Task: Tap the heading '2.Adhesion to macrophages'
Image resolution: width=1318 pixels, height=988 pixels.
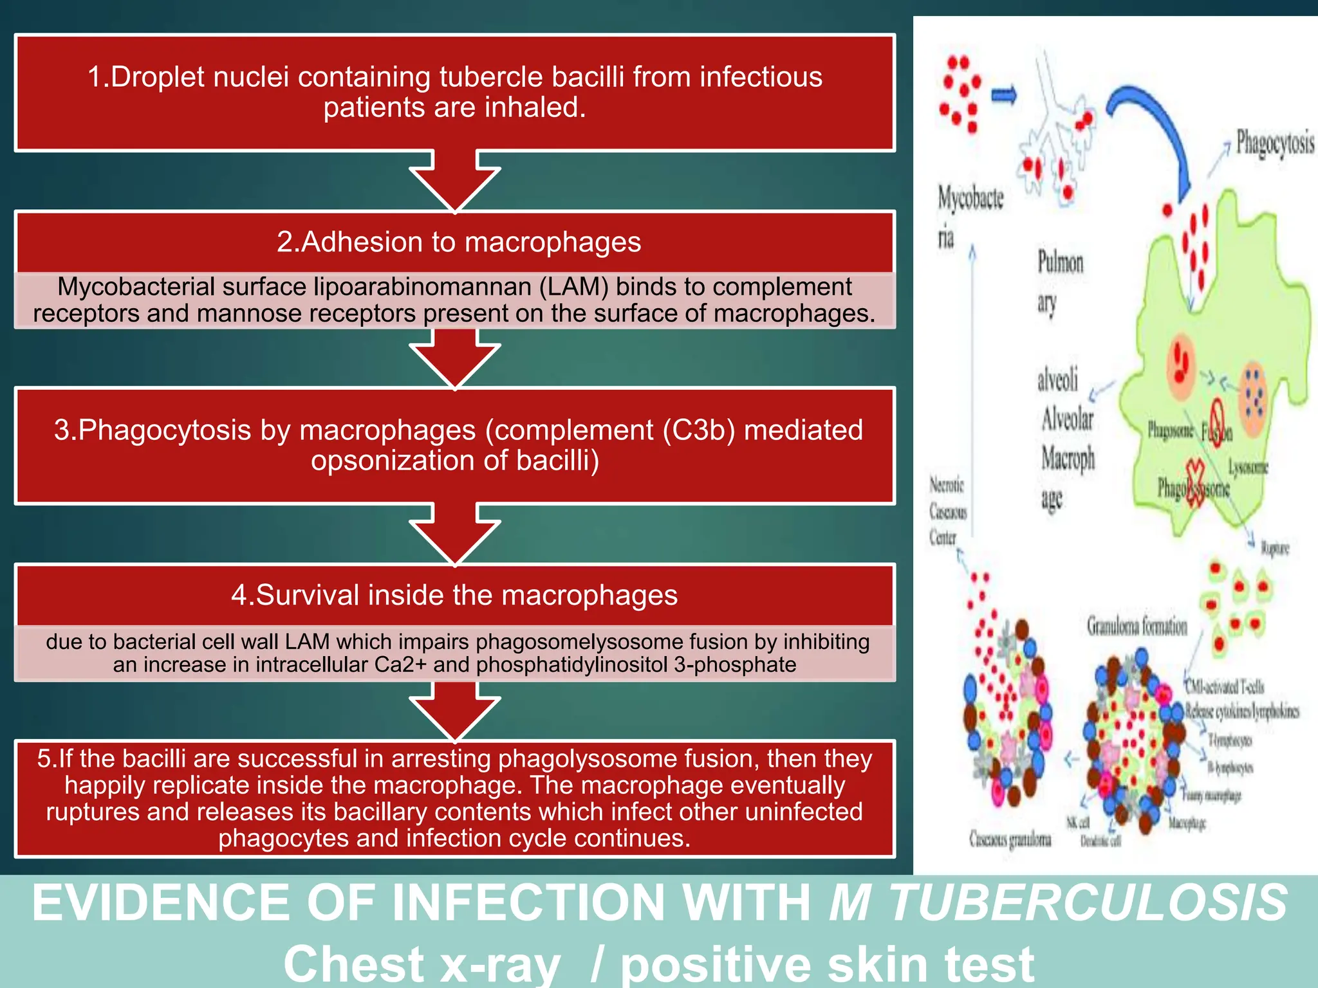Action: click(458, 242)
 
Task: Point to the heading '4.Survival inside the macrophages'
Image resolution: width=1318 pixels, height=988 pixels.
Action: click(454, 595)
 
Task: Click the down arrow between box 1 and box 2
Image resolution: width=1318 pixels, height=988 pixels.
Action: click(454, 183)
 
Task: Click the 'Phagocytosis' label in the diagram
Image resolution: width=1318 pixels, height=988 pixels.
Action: click(1274, 143)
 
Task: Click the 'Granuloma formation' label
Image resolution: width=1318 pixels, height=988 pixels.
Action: click(1137, 626)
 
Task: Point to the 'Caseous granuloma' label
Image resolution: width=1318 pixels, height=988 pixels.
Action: click(1010, 839)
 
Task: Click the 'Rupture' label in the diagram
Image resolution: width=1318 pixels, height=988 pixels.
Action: click(1274, 548)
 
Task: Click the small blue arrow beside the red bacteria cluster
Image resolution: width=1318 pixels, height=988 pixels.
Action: click(1003, 96)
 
